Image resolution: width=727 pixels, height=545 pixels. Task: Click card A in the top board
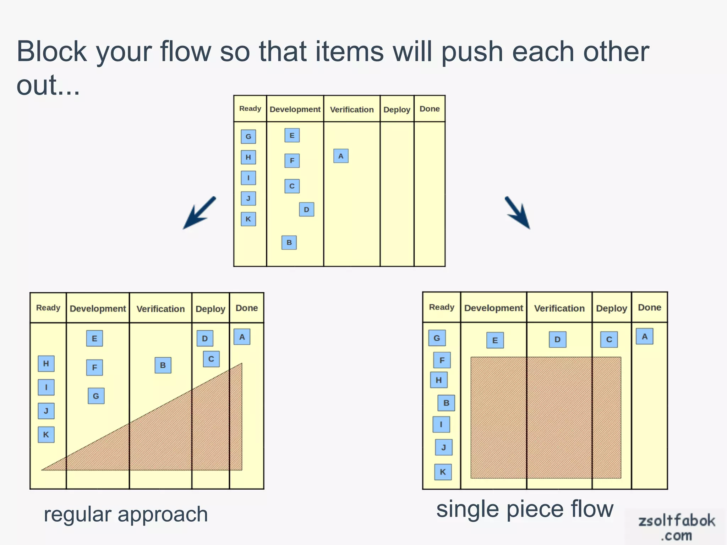341,156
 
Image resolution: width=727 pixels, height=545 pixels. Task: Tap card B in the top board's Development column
289,243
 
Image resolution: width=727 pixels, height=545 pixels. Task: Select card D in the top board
306,210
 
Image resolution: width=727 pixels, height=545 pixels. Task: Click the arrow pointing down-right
518,213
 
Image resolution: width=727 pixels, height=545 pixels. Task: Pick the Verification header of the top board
352,109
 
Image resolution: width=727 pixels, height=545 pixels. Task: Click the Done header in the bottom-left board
247,308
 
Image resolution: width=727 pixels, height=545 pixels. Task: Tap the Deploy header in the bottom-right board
611,308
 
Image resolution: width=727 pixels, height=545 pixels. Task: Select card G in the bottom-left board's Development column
96,396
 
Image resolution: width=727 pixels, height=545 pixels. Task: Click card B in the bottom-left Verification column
163,365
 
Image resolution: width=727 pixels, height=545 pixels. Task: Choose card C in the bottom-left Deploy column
211,359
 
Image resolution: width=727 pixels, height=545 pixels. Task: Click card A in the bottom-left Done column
242,337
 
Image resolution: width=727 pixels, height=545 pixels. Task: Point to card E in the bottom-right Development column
495,341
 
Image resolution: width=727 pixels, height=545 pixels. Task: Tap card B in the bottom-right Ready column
446,403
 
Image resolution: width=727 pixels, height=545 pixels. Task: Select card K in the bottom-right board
443,472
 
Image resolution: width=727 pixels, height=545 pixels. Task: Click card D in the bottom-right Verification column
557,340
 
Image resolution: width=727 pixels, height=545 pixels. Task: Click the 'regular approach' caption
126,514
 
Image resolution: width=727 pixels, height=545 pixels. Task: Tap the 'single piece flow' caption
525,510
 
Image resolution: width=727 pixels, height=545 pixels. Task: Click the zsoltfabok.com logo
676,527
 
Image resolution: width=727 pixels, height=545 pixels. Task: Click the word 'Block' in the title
52,52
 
